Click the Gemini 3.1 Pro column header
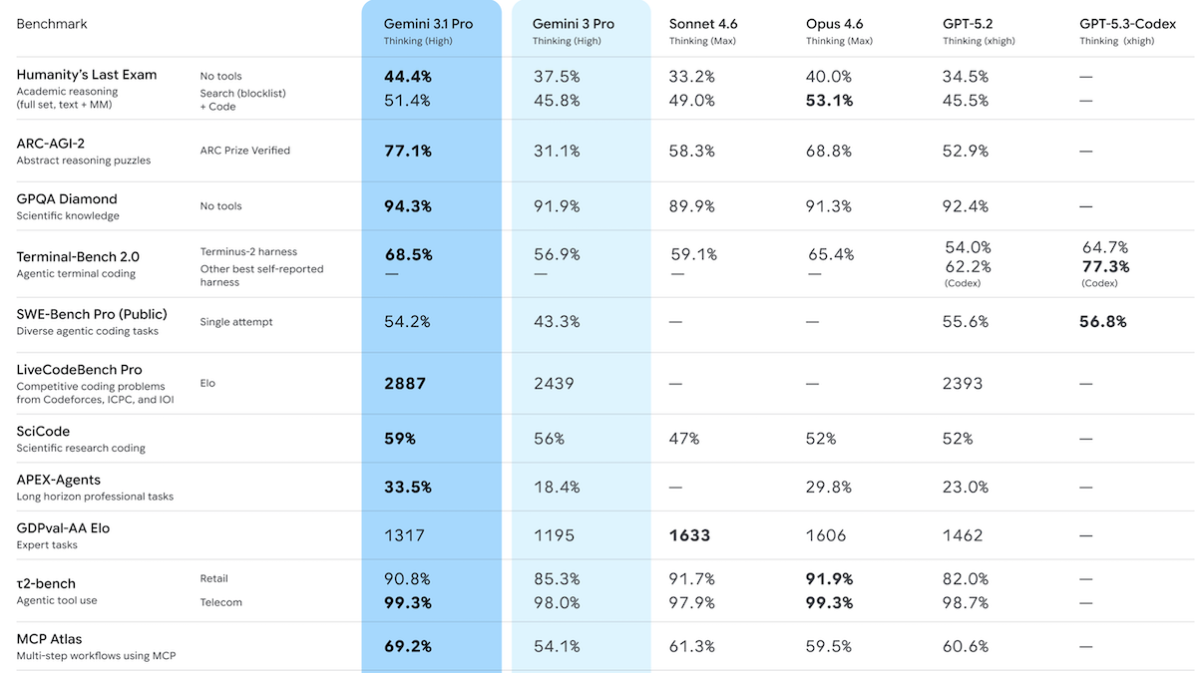pyautogui.click(x=430, y=24)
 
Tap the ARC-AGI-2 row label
pyautogui.click(x=51, y=144)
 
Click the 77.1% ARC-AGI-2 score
pyautogui.click(x=408, y=151)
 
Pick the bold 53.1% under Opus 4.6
pyautogui.click(x=829, y=101)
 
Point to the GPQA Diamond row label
pyautogui.click(x=67, y=199)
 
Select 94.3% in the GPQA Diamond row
pyautogui.click(x=408, y=206)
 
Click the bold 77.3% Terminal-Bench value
pyautogui.click(x=1106, y=267)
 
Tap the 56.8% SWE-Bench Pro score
pyautogui.click(x=1103, y=322)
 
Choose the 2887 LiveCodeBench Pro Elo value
pyautogui.click(x=405, y=383)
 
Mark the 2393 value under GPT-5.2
pyautogui.click(x=963, y=383)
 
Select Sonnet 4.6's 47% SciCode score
pyautogui.click(x=684, y=439)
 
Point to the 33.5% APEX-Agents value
pyautogui.click(x=408, y=488)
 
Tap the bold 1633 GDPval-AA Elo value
pyautogui.click(x=689, y=535)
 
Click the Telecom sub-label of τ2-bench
pyautogui.click(x=220, y=602)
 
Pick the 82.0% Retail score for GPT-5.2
pyautogui.click(x=966, y=579)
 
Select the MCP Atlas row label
pyautogui.click(x=49, y=639)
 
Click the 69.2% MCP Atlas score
pyautogui.click(x=408, y=646)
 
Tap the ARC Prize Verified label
pyautogui.click(x=244, y=151)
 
